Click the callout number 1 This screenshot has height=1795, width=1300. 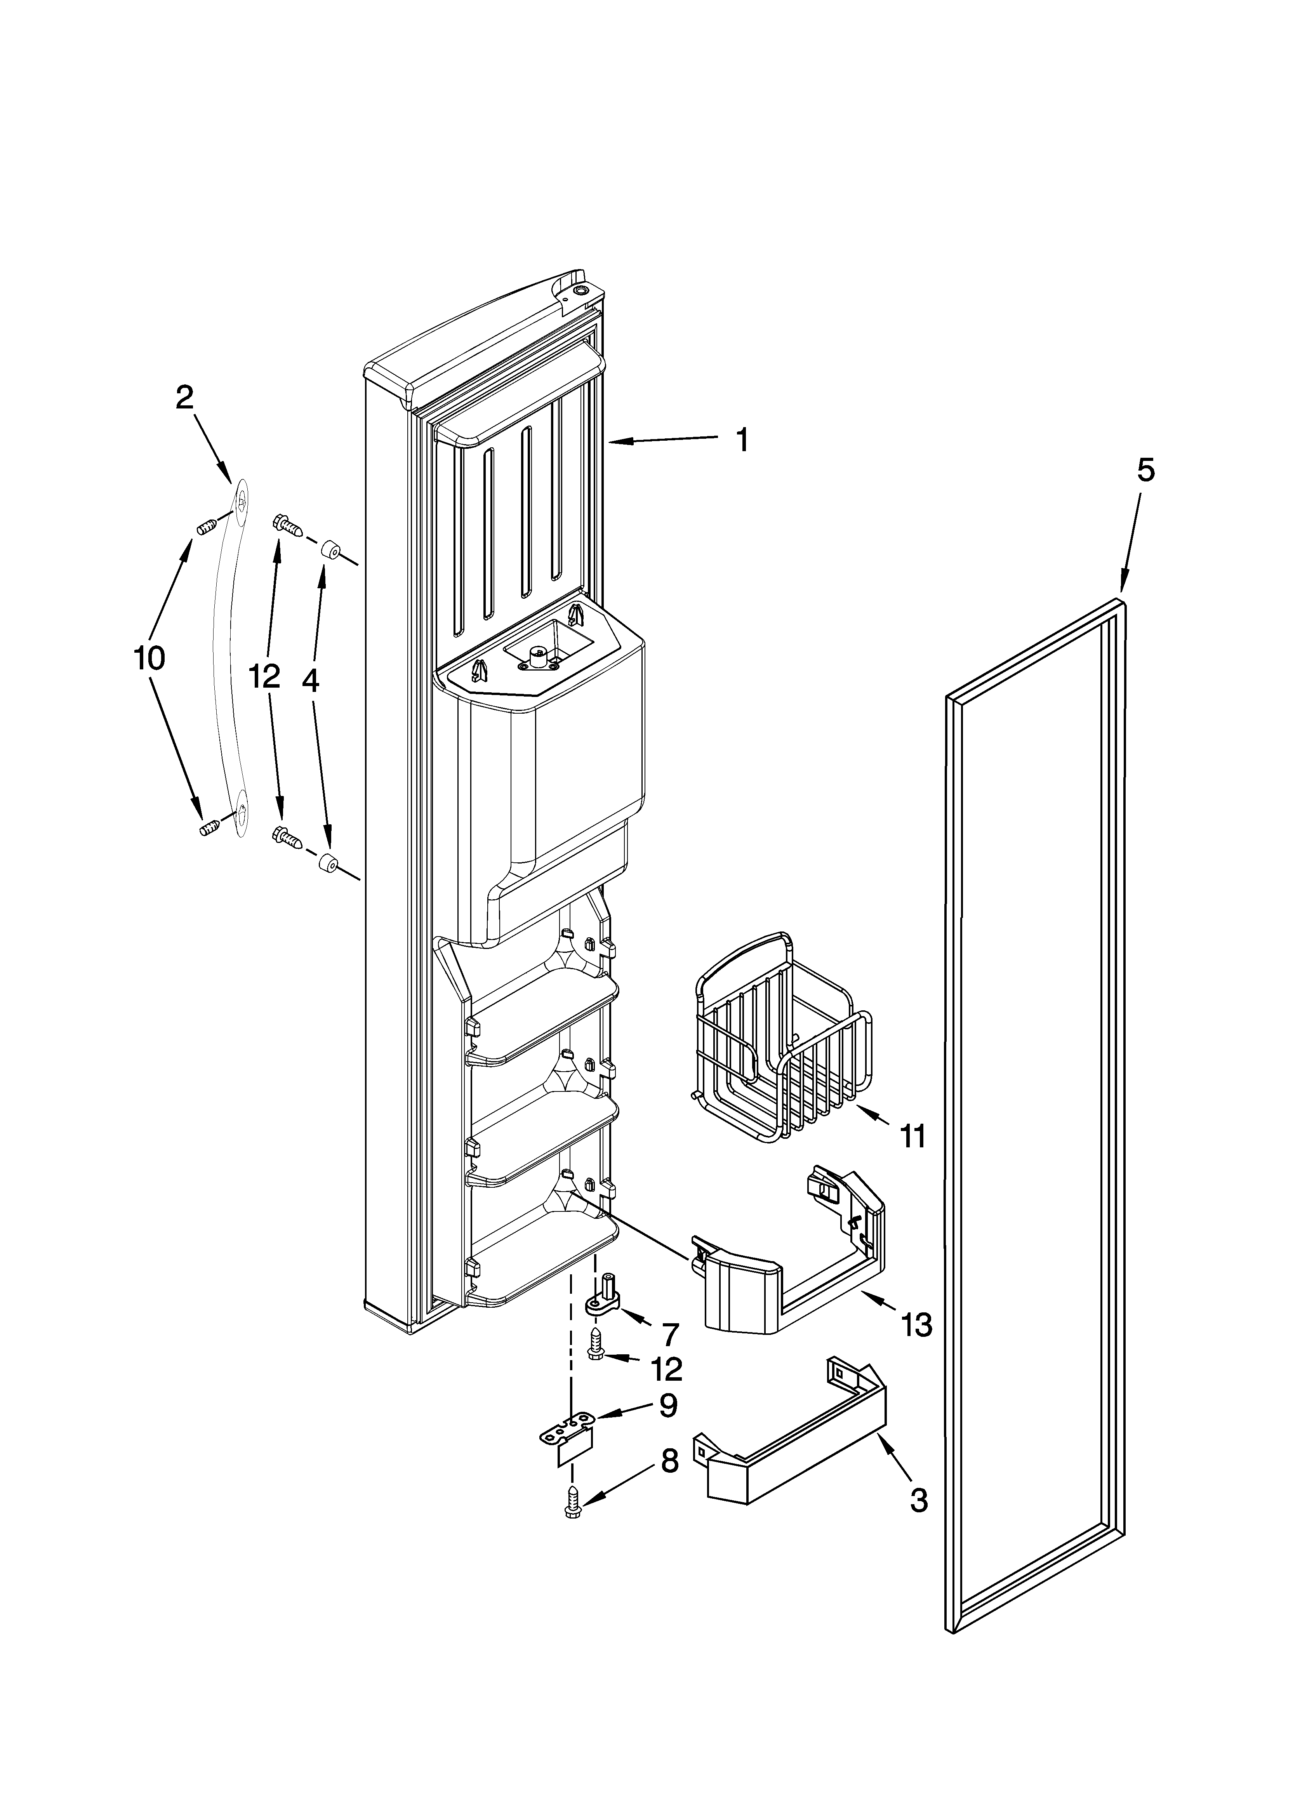[x=742, y=440]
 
